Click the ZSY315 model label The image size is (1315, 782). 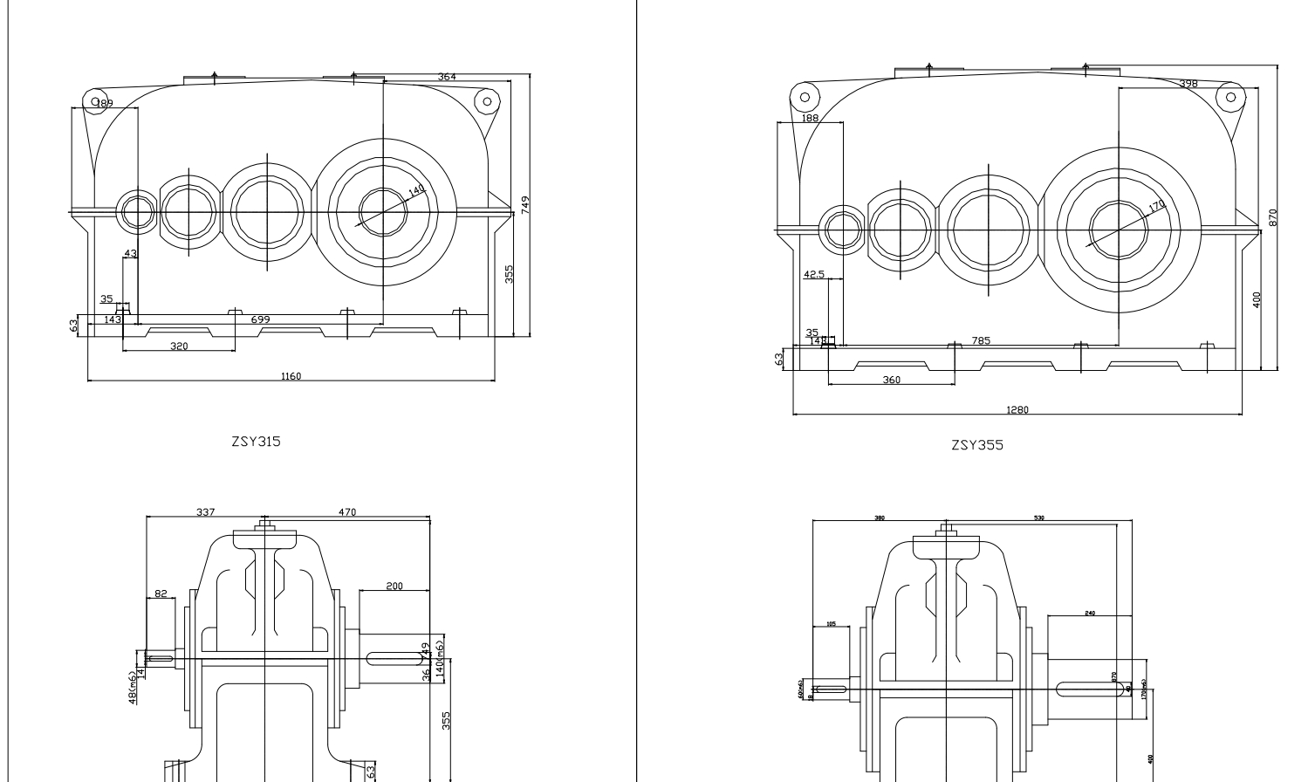click(x=256, y=442)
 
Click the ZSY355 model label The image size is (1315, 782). click(x=977, y=445)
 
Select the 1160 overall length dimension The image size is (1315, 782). click(x=291, y=376)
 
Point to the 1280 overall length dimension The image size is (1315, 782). click(x=1017, y=410)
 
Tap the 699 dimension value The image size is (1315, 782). click(x=260, y=320)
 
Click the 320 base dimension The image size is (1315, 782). click(x=179, y=346)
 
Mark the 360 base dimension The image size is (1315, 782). click(x=891, y=380)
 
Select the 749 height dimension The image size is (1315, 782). click(x=525, y=204)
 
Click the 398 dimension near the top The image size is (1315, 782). click(x=1188, y=84)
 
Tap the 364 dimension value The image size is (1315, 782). click(x=447, y=78)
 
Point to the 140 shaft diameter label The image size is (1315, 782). click(x=416, y=190)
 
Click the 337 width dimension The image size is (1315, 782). click(x=204, y=512)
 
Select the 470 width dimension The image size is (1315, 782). click(x=346, y=512)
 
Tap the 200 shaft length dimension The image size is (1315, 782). click(x=394, y=586)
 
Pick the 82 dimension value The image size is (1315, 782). click(x=161, y=593)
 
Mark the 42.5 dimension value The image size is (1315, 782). click(x=813, y=274)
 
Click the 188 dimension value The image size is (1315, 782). click(x=810, y=118)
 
